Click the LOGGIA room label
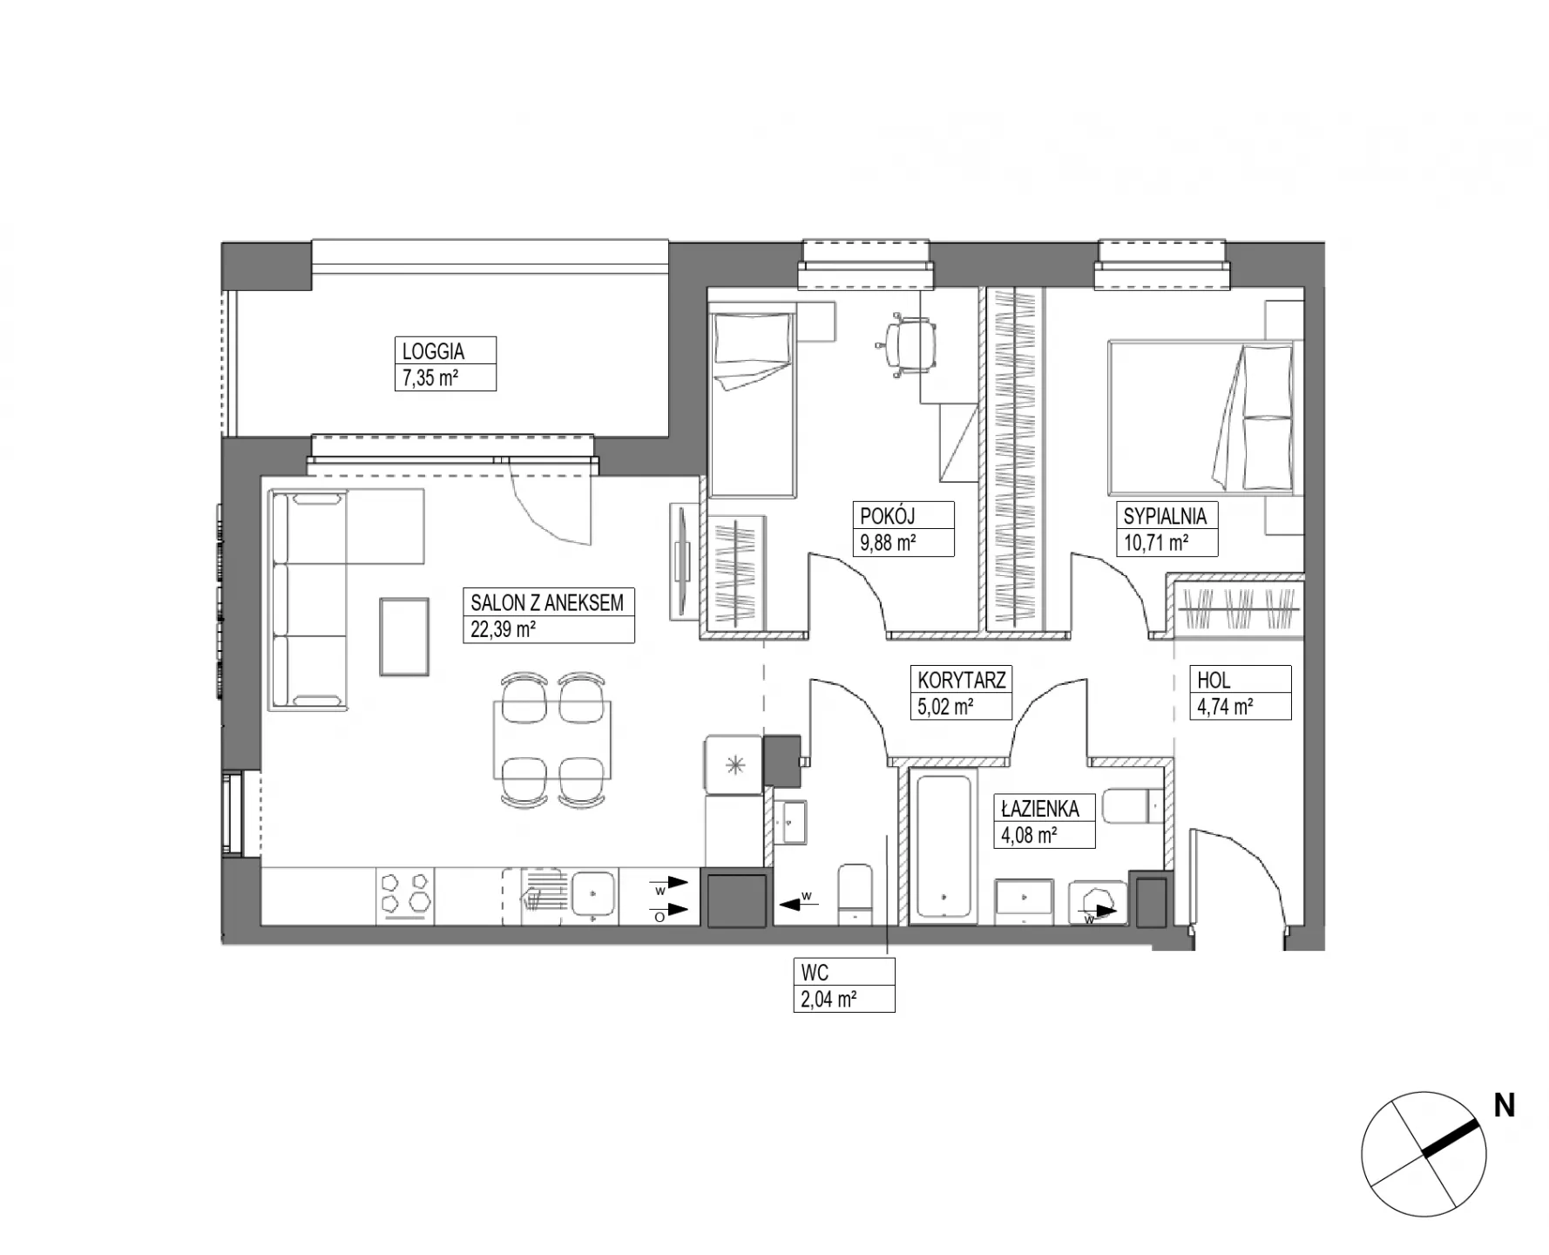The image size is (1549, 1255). (433, 351)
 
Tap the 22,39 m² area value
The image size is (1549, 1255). (503, 629)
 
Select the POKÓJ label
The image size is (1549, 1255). (888, 516)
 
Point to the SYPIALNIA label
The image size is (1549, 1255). (1165, 516)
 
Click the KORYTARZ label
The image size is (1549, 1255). (962, 680)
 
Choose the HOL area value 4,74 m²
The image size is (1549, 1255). (1225, 707)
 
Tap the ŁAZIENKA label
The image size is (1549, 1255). (1040, 808)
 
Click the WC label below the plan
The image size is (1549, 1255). (815, 972)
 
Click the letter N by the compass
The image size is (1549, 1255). (1505, 1105)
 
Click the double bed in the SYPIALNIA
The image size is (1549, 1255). (1201, 417)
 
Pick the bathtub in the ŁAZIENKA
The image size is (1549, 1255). (944, 845)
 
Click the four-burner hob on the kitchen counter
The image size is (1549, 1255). (405, 896)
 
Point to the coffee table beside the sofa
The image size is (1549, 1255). (404, 636)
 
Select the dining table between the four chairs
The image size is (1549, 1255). (552, 740)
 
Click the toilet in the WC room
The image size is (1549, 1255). (855, 893)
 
